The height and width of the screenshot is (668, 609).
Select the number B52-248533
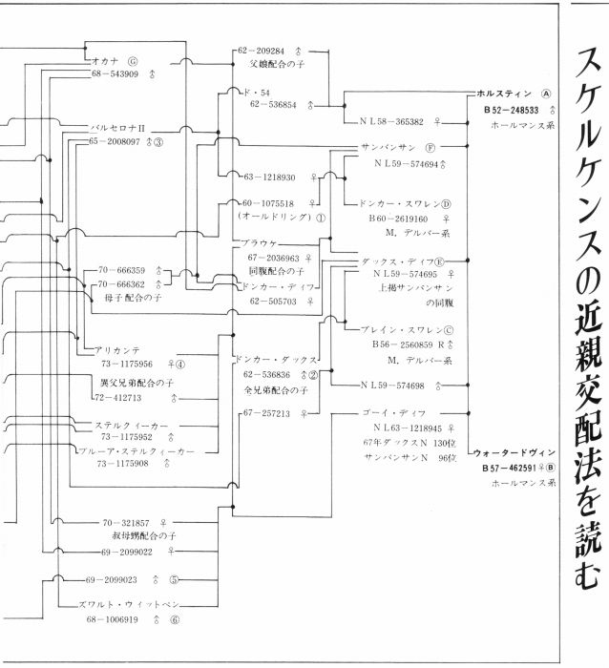pyautogui.click(x=511, y=110)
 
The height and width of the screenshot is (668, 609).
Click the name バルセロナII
pyautogui.click(x=118, y=126)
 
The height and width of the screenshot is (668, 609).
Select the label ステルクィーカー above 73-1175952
pyautogui.click(x=132, y=425)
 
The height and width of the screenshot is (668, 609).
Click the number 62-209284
pyautogui.click(x=262, y=50)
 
